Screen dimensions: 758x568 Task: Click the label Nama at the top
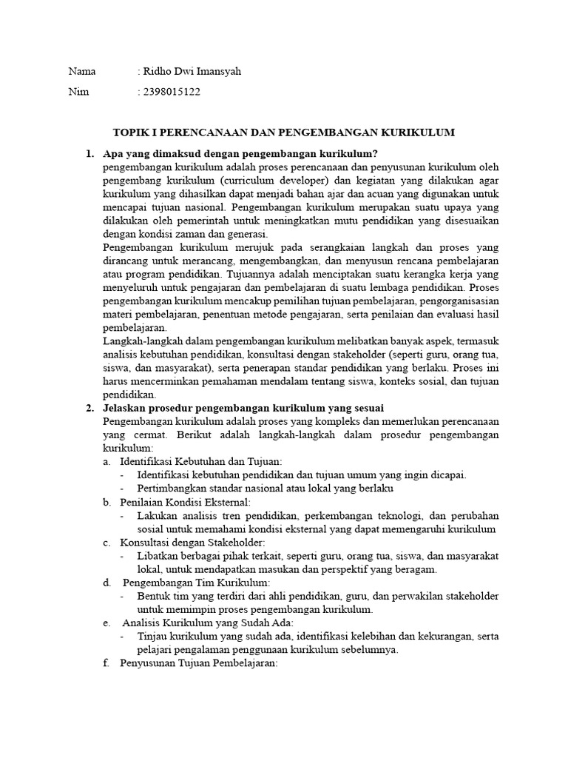point(82,72)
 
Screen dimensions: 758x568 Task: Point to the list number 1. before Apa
point(89,153)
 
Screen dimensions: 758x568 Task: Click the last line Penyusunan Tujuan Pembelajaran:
point(198,663)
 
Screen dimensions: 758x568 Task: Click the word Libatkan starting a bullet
point(157,556)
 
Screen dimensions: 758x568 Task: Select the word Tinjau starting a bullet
point(152,636)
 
